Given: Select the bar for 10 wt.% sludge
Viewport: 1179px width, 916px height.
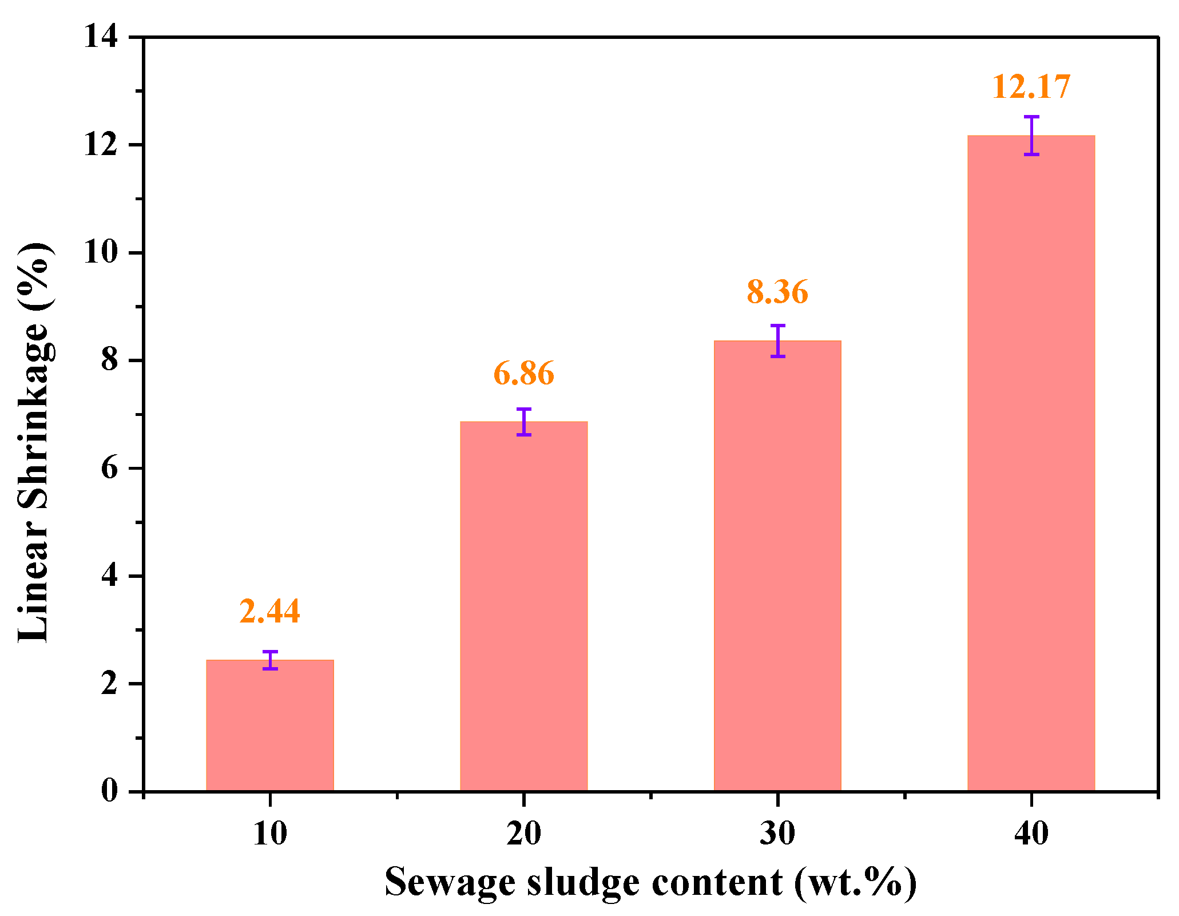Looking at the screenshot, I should pos(269,727).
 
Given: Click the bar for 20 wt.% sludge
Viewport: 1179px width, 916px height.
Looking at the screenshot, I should pos(523,606).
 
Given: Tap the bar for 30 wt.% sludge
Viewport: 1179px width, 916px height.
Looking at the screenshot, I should pos(777,566).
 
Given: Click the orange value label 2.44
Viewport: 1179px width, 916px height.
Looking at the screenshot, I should pos(269,611).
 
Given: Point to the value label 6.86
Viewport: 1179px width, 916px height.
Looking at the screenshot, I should pos(523,373).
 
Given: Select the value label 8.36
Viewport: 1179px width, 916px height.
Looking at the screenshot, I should pos(777,292).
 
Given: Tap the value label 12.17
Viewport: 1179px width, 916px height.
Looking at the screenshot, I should pos(1031,87).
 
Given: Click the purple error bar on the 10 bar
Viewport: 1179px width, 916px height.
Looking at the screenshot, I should pos(270,660).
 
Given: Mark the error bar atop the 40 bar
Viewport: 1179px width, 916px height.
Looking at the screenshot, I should pos(1031,135).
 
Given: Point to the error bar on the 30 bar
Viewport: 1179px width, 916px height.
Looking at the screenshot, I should pos(777,340).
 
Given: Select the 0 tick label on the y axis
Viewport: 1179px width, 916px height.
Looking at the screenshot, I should pos(109,791).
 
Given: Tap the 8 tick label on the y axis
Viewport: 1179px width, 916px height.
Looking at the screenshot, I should pos(109,360).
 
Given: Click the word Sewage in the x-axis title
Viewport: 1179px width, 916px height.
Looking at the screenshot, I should pos(449,882).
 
